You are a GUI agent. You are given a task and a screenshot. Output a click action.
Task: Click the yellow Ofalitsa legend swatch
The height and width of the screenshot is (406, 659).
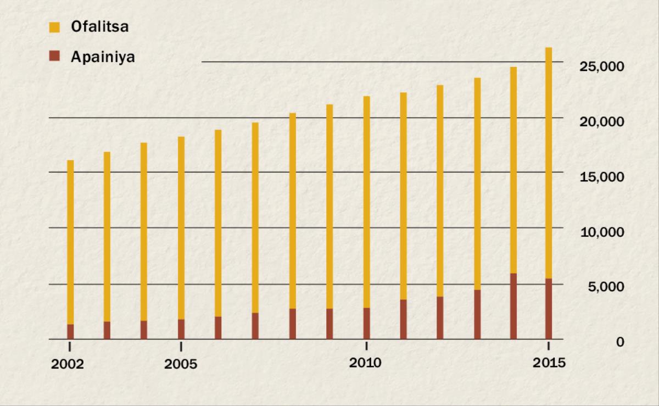pyautogui.click(x=54, y=26)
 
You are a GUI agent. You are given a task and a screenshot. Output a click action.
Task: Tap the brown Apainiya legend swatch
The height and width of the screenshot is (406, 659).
pyautogui.click(x=54, y=56)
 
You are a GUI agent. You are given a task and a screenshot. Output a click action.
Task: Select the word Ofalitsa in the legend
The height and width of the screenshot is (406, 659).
pyautogui.click(x=99, y=26)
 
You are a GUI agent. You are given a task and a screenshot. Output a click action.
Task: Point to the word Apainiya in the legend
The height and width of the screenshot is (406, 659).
pyautogui.click(x=102, y=56)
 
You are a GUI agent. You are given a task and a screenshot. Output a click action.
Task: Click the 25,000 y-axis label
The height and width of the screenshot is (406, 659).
pyautogui.click(x=602, y=66)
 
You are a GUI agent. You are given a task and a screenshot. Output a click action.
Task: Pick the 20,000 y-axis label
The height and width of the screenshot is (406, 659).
pyautogui.click(x=602, y=121)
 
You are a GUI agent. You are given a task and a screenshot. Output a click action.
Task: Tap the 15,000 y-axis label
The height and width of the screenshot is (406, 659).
pyautogui.click(x=602, y=177)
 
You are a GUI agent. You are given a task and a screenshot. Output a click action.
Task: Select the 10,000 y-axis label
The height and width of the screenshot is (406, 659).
pyautogui.click(x=602, y=232)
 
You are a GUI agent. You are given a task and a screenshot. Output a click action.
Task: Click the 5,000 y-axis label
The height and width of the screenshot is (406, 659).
pyautogui.click(x=605, y=287)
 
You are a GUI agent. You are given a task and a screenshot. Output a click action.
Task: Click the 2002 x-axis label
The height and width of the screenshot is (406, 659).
pyautogui.click(x=68, y=364)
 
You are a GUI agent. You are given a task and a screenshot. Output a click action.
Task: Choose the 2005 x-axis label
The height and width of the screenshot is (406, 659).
pyautogui.click(x=181, y=364)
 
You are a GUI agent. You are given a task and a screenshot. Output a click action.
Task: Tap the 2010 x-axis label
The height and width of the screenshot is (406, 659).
pyautogui.click(x=366, y=363)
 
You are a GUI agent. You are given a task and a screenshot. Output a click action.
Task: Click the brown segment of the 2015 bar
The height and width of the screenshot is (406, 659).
pyautogui.click(x=549, y=309)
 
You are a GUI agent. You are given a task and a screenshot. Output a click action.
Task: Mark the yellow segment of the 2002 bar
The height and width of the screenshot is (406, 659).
pyautogui.click(x=70, y=242)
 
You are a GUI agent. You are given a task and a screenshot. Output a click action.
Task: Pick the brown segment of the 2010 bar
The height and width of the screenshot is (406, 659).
pyautogui.click(x=366, y=324)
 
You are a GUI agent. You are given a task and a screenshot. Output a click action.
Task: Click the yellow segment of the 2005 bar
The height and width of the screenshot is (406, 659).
pyautogui.click(x=181, y=228)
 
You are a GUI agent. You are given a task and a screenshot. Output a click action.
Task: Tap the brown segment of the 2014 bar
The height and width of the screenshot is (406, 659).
pyautogui.click(x=513, y=306)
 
